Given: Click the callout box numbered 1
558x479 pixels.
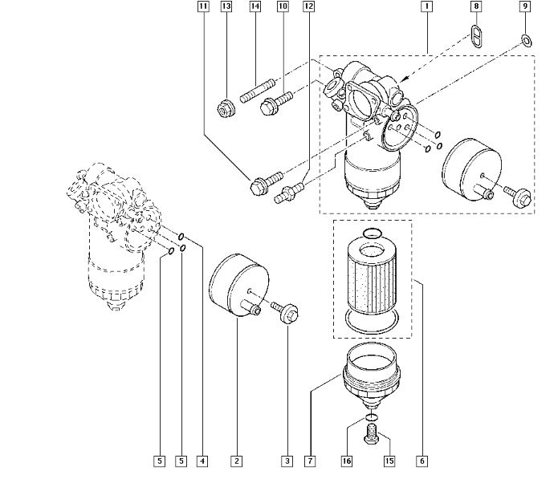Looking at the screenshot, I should pyautogui.click(x=426, y=7).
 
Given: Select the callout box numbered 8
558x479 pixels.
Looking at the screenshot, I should pyautogui.click(x=477, y=7).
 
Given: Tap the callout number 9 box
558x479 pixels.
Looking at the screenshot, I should pyautogui.click(x=525, y=7).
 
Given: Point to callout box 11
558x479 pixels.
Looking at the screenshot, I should pyautogui.click(x=203, y=7).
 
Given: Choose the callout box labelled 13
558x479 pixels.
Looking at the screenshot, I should pyautogui.click(x=226, y=7).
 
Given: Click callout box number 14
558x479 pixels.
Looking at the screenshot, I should pyautogui.click(x=255, y=7).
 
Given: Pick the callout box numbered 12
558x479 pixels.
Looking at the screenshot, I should pyautogui.click(x=308, y=7).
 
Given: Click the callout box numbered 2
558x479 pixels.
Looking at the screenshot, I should pyautogui.click(x=236, y=461).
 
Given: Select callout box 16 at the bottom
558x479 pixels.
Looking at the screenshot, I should pyautogui.click(x=347, y=461).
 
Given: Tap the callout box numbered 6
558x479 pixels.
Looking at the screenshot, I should pyautogui.click(x=422, y=461).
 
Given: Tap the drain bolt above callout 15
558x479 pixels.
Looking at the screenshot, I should pyautogui.click(x=371, y=436).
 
